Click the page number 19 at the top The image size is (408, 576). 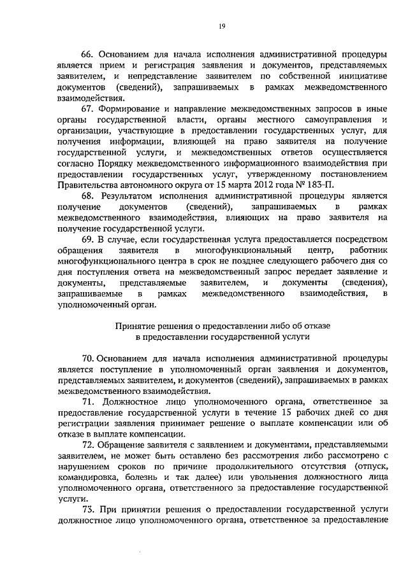204,25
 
